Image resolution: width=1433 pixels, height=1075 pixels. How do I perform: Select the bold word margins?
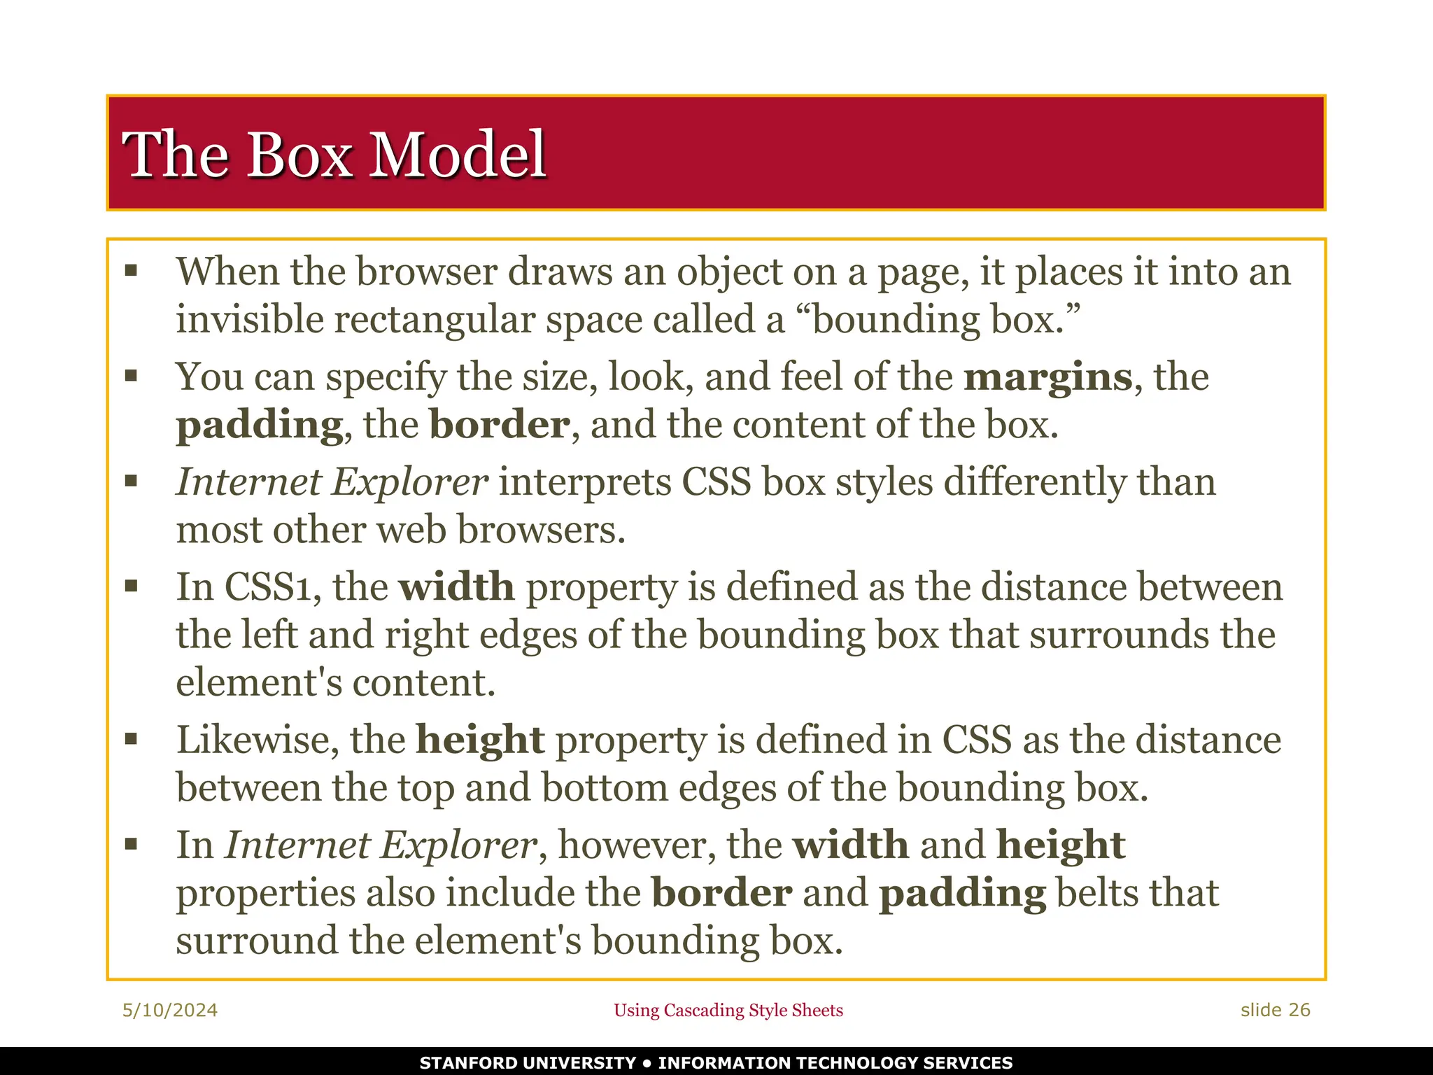(x=1047, y=377)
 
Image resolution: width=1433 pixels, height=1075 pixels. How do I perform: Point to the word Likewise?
(x=257, y=740)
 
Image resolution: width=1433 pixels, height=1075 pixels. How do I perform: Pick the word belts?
(x=1093, y=893)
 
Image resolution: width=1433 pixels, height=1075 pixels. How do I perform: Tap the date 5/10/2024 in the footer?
(x=170, y=1010)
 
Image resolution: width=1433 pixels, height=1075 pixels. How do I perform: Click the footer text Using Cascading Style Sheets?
(x=728, y=1010)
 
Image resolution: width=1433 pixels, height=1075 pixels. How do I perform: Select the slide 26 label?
(x=1275, y=1010)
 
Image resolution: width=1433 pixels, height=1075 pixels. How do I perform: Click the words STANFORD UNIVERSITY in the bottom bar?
(x=528, y=1063)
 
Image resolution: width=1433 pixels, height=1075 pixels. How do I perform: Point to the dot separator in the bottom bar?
(x=647, y=1063)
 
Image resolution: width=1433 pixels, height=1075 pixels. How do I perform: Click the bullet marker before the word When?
(x=131, y=271)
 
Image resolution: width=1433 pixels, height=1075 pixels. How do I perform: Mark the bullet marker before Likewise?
(x=131, y=739)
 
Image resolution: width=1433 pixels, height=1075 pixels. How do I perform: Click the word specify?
(x=386, y=378)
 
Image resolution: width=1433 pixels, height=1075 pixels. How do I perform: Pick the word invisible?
(x=249, y=320)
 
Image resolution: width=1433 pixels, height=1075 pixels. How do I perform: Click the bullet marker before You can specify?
(x=131, y=377)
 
